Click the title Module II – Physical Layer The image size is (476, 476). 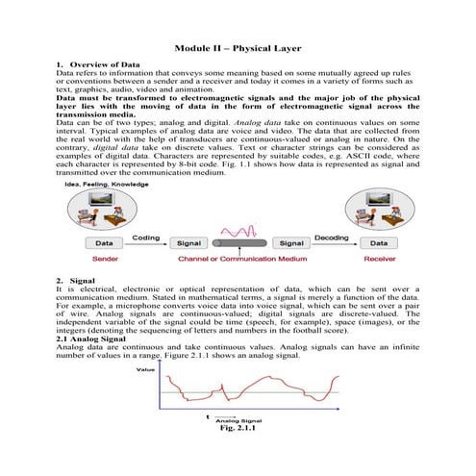coord(237,47)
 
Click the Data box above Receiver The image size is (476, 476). coord(380,244)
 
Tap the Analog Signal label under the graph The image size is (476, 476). coord(238,420)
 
